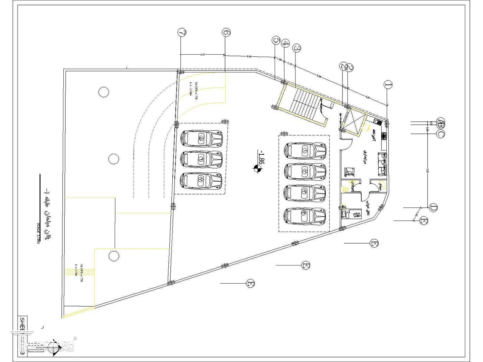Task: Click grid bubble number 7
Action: (x=182, y=33)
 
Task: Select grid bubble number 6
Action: (x=226, y=33)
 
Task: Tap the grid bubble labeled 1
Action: (x=388, y=84)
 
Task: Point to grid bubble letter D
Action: (x=433, y=207)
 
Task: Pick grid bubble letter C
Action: (x=441, y=134)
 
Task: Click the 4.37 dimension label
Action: (x=203, y=54)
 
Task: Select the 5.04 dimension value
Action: (x=249, y=57)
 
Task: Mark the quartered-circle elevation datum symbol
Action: (x=257, y=169)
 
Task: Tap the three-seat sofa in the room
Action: (x=382, y=164)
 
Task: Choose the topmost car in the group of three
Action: (x=201, y=138)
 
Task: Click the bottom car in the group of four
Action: (x=305, y=216)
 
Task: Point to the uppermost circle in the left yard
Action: (x=104, y=92)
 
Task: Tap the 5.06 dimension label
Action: (x=319, y=77)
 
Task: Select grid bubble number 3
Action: (x=297, y=48)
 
